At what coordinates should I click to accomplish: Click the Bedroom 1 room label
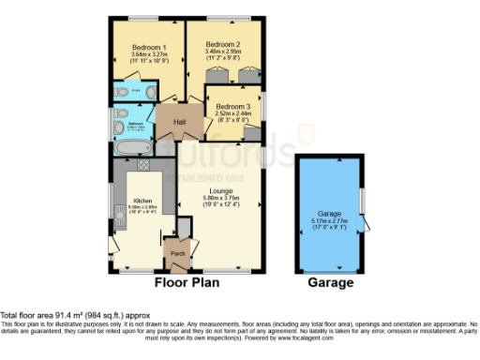(149, 47)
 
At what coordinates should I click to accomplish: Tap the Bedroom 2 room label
(224, 44)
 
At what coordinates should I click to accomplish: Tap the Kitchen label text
(142, 201)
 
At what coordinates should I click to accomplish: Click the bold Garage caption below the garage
(330, 282)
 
